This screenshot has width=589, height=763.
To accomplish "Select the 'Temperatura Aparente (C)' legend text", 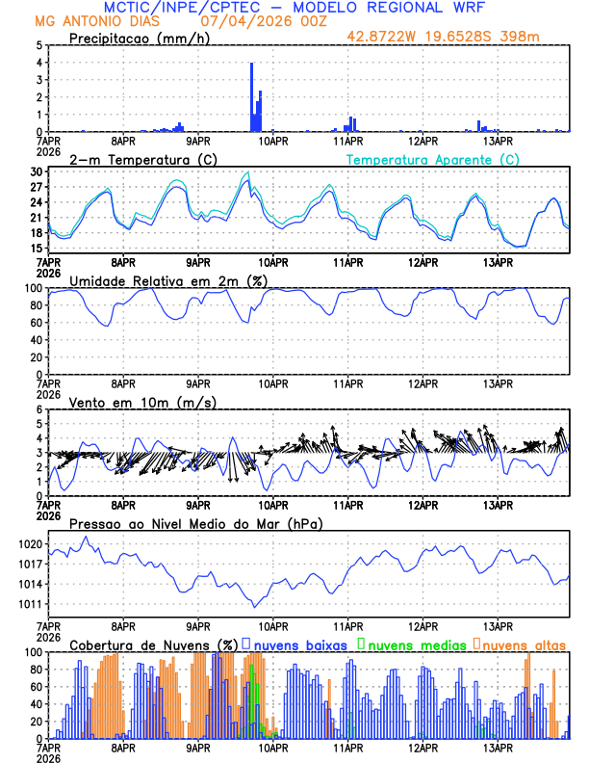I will tap(432, 159).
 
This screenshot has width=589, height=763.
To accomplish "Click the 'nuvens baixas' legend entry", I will tap(298, 644).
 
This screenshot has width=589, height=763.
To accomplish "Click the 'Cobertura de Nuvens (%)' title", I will tap(153, 644).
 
